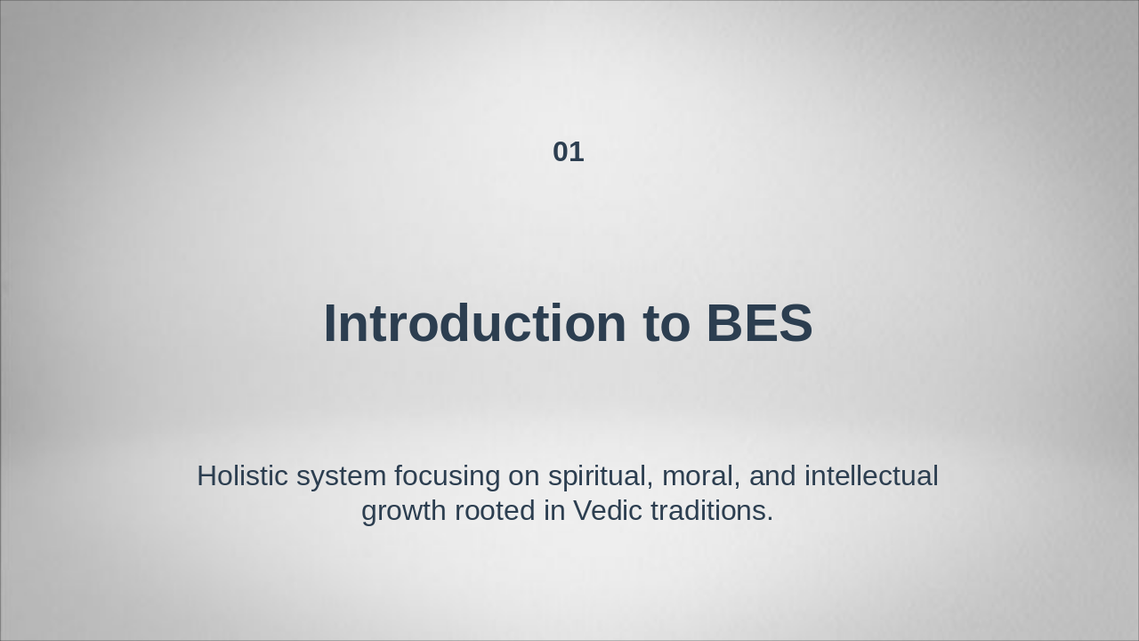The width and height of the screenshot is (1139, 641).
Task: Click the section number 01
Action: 568,152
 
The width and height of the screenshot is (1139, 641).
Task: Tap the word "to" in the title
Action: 666,323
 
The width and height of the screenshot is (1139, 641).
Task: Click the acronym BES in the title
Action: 759,323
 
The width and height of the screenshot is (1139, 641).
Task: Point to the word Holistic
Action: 242,476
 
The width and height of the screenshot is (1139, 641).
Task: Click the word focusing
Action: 447,476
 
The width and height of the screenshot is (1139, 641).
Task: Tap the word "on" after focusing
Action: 524,476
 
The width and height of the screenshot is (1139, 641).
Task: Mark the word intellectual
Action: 871,476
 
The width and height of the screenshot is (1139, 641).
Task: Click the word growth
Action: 404,511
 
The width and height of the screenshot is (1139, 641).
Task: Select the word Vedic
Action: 608,511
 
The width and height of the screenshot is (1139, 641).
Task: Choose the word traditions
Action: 707,511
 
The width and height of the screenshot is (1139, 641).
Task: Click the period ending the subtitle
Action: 770,520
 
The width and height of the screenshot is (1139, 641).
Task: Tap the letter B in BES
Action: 725,323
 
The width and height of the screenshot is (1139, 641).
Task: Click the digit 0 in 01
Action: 561,152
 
